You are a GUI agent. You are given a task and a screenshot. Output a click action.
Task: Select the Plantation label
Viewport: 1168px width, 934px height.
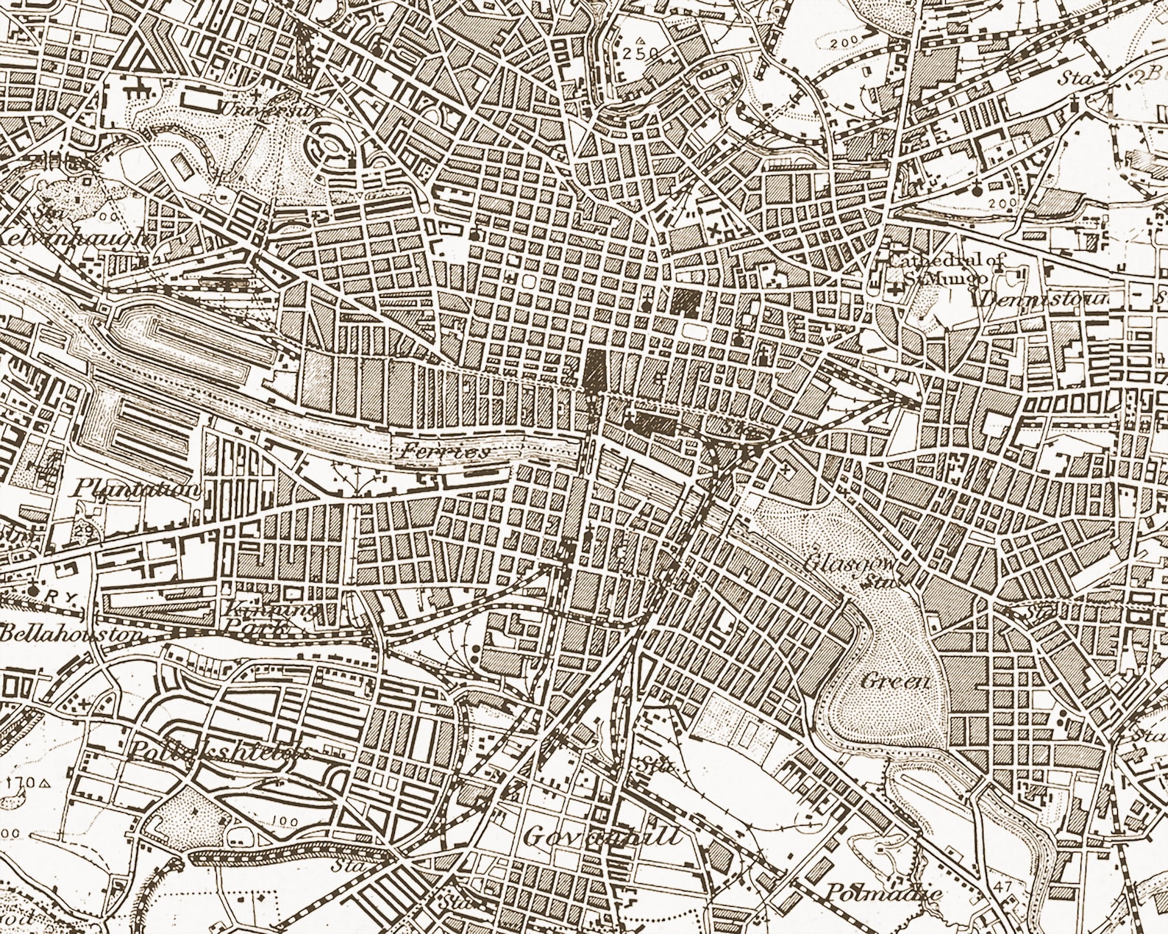138,490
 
